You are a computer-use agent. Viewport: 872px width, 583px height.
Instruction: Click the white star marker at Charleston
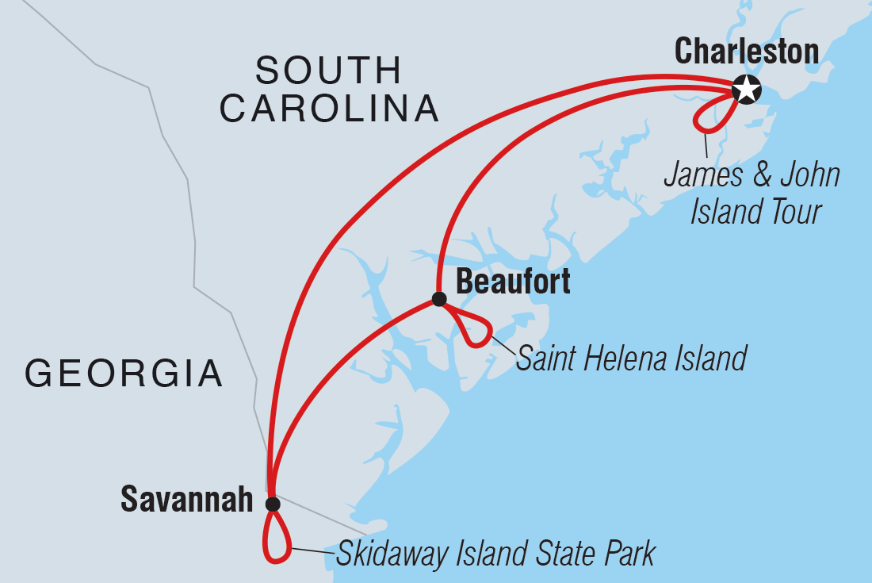pyautogui.click(x=746, y=90)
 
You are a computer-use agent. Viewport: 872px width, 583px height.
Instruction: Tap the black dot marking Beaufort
pyautogui.click(x=438, y=299)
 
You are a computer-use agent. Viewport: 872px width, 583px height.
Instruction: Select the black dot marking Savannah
pyautogui.click(x=273, y=504)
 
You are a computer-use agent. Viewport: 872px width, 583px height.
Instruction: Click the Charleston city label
pyautogui.click(x=746, y=52)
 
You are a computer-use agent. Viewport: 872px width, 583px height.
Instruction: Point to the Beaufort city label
pyautogui.click(x=513, y=282)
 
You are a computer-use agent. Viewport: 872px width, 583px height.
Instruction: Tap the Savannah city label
pyautogui.click(x=186, y=500)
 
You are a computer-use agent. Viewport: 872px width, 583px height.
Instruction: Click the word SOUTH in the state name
pyautogui.click(x=328, y=71)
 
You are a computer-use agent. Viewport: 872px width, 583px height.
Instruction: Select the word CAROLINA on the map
pyautogui.click(x=329, y=109)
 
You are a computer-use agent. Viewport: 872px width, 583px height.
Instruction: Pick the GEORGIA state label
pyautogui.click(x=124, y=373)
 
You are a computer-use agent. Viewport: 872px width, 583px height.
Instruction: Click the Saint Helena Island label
pyautogui.click(x=631, y=359)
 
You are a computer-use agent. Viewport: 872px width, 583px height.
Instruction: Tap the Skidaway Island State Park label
pyautogui.click(x=495, y=554)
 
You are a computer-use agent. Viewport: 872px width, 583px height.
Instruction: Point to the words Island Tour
pyautogui.click(x=755, y=212)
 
